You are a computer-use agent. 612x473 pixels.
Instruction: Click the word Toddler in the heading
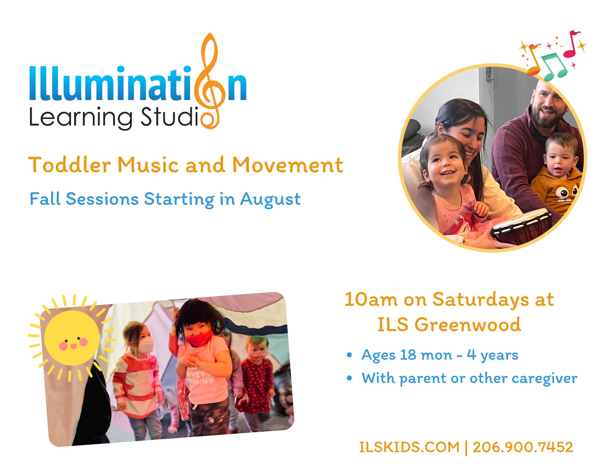pos(69,165)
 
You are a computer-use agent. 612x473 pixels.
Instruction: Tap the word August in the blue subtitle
pos(270,200)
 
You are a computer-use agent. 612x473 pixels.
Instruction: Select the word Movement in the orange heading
pos(288,165)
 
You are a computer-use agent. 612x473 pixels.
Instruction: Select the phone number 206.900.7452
pos(523,447)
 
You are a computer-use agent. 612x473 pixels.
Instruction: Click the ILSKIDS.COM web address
pos(409,447)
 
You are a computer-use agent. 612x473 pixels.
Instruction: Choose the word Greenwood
pos(468,325)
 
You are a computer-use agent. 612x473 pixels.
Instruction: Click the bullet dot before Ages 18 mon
pos(349,355)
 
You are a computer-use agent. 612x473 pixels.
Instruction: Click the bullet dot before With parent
pos(349,378)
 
